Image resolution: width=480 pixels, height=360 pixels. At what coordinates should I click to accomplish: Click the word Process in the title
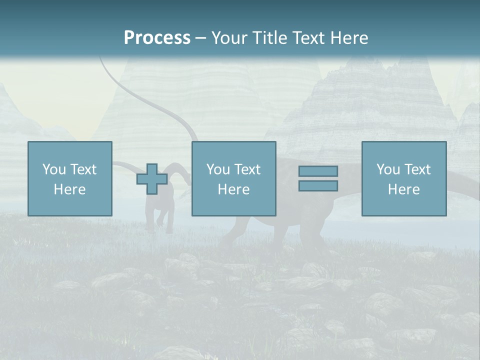(x=157, y=38)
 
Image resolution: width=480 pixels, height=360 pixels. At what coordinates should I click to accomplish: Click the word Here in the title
(x=350, y=38)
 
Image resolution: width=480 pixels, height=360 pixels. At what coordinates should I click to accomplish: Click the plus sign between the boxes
(x=152, y=179)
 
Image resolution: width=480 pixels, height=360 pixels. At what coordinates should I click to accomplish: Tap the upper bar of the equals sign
(x=318, y=171)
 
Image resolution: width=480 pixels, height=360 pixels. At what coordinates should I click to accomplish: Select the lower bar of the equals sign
(x=318, y=185)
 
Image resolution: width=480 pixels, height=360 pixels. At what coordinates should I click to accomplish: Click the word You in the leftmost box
(x=53, y=169)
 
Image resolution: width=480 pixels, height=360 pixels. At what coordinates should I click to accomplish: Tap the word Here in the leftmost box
(x=69, y=189)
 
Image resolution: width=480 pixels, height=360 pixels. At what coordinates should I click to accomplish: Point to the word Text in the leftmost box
(x=83, y=169)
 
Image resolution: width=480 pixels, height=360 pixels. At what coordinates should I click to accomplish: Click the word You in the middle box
(x=217, y=169)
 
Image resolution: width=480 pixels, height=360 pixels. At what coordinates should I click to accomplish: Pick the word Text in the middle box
(x=247, y=169)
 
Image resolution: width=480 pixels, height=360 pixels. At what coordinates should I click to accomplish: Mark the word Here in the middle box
(x=233, y=189)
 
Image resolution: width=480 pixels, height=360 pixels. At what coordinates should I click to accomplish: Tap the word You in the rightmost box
(x=387, y=169)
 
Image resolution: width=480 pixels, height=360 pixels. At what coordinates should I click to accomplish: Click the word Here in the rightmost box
(x=403, y=189)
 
